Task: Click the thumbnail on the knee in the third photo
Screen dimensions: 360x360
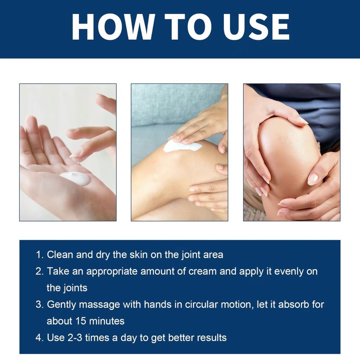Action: click(x=313, y=179)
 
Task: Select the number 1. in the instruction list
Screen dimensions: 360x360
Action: click(x=40, y=255)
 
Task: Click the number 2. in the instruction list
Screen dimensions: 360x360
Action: click(x=40, y=271)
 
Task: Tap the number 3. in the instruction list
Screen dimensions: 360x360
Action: click(x=40, y=304)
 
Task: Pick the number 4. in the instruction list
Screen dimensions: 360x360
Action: click(x=40, y=338)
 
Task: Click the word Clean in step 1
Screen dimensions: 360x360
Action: click(x=60, y=255)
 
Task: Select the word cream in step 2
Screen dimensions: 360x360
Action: click(x=202, y=271)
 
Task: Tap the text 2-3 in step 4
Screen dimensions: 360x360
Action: click(x=75, y=338)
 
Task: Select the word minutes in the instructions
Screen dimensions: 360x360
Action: click(x=107, y=321)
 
